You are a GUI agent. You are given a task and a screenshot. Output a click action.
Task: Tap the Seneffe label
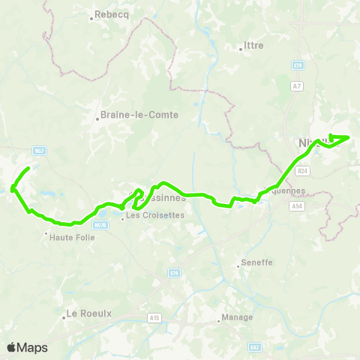click(x=256, y=263)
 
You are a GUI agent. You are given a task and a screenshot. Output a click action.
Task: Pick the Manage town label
click(x=236, y=318)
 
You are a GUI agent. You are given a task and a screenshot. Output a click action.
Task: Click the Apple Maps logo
click(x=27, y=347)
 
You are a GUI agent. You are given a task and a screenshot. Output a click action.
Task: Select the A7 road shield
click(x=298, y=85)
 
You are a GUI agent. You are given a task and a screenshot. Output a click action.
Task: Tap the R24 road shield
click(x=302, y=171)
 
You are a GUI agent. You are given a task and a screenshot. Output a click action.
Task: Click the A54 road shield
click(x=298, y=204)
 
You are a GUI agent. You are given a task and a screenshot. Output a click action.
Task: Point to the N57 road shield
click(x=40, y=150)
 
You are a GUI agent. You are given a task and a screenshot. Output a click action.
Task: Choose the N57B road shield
click(x=100, y=223)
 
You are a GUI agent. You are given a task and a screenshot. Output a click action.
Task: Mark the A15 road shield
click(x=154, y=318)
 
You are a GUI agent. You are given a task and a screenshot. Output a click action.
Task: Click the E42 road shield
click(x=255, y=346)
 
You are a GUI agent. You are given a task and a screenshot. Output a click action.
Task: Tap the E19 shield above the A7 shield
click(x=298, y=66)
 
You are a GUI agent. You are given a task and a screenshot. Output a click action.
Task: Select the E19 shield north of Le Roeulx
click(x=174, y=273)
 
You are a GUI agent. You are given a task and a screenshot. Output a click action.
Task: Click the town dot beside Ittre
click(x=241, y=50)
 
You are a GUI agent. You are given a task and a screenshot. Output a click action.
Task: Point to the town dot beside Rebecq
click(x=91, y=17)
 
